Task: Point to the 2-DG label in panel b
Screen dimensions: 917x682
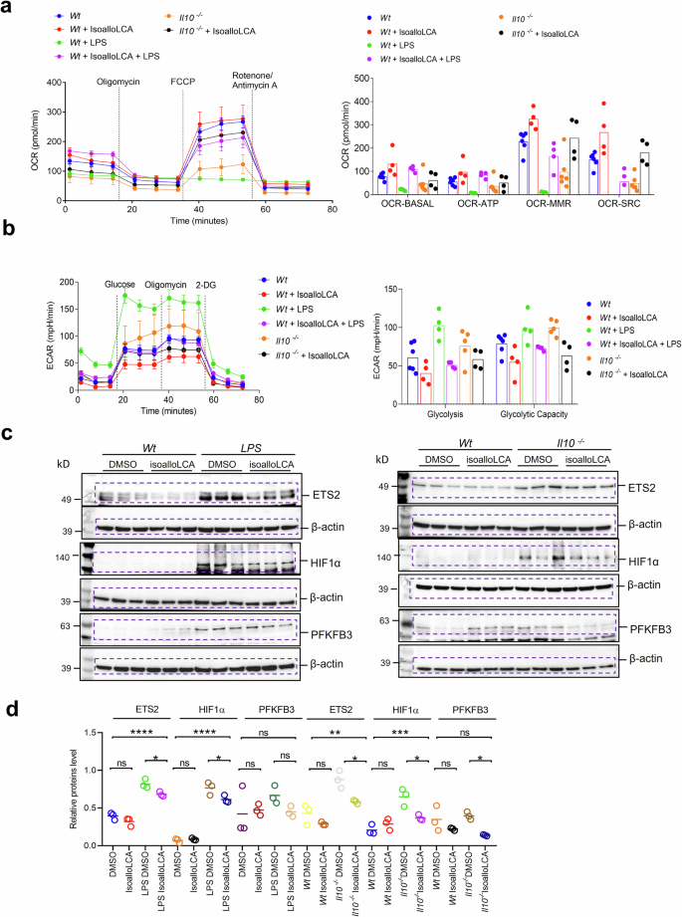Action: point(206,282)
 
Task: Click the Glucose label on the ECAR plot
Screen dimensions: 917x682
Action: point(120,282)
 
